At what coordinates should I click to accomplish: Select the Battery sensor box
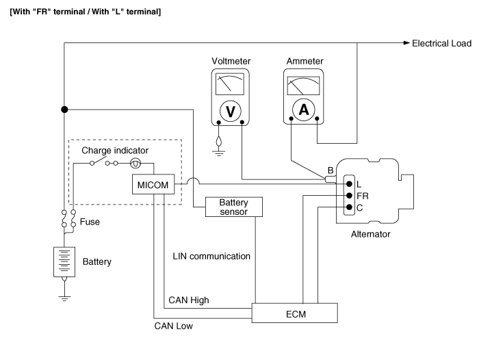point(233,207)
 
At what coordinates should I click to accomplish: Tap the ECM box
point(295,313)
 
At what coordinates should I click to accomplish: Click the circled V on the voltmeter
point(231,111)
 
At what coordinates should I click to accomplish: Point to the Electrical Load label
point(441,44)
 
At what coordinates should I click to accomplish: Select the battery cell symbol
point(64,262)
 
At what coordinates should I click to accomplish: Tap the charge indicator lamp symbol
point(135,163)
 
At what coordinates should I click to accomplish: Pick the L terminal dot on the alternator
point(350,183)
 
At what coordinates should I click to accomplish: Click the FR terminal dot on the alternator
point(350,195)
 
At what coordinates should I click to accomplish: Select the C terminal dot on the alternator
point(350,207)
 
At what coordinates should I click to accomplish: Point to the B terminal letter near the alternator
point(331,170)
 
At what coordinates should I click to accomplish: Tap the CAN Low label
point(174,326)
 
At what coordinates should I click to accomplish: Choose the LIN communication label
point(211,257)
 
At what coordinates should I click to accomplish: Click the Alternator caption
point(370,234)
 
